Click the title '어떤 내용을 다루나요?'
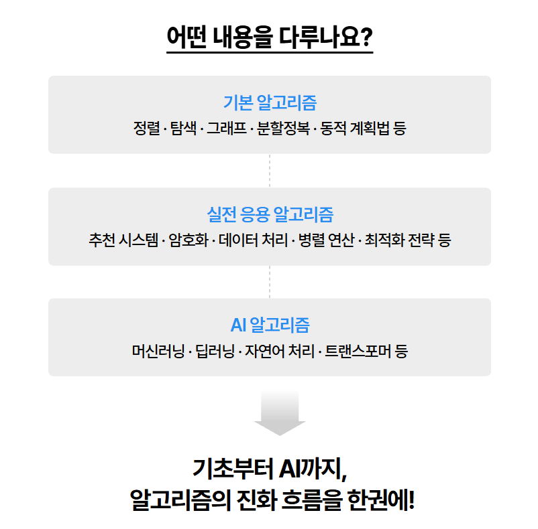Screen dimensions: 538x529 269,37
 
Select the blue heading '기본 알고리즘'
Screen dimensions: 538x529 270,102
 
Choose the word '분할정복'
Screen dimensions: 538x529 281,128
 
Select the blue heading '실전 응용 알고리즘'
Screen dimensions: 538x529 270,215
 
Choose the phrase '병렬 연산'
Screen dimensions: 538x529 326,240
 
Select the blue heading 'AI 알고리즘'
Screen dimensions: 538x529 270,325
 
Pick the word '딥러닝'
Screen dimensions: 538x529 213,351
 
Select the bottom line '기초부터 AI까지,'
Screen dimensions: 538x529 270,468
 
